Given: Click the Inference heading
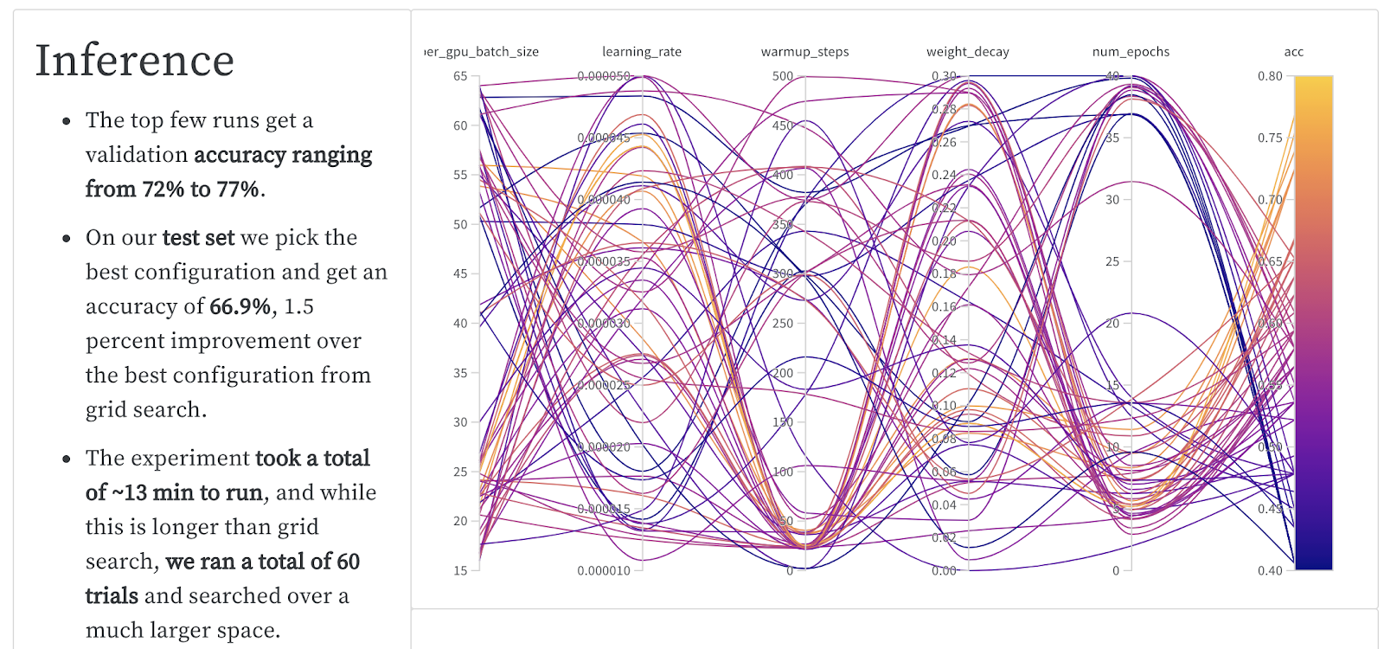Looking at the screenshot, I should pyautogui.click(x=134, y=61).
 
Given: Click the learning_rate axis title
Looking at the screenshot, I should pyautogui.click(x=642, y=52).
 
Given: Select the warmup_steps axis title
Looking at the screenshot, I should pyautogui.click(x=804, y=52).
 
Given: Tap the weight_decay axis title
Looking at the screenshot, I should pyautogui.click(x=968, y=52).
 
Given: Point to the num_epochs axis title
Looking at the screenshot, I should pyautogui.click(x=1131, y=52).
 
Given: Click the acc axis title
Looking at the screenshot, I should pyautogui.click(x=1293, y=52).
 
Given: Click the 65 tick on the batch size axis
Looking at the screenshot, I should pyautogui.click(x=460, y=76).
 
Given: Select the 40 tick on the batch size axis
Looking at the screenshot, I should pyautogui.click(x=460, y=324).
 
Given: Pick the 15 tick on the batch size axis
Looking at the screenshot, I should pyautogui.click(x=460, y=571).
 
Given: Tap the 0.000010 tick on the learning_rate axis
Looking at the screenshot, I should pyautogui.click(x=604, y=571).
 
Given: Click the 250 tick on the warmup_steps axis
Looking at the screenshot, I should pyautogui.click(x=783, y=324).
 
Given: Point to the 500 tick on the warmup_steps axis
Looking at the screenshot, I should pyautogui.click(x=783, y=76).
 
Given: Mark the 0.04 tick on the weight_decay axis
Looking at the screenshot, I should pyautogui.click(x=944, y=505).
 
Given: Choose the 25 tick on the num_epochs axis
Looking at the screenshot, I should pyautogui.click(x=1112, y=261).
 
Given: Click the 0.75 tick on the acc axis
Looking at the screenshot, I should pyautogui.click(x=1270, y=138).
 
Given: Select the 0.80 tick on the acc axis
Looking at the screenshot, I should pyautogui.click(x=1270, y=76).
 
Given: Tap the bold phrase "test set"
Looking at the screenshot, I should pyautogui.click(x=198, y=238).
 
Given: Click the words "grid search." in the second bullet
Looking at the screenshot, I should pyautogui.click(x=145, y=409).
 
